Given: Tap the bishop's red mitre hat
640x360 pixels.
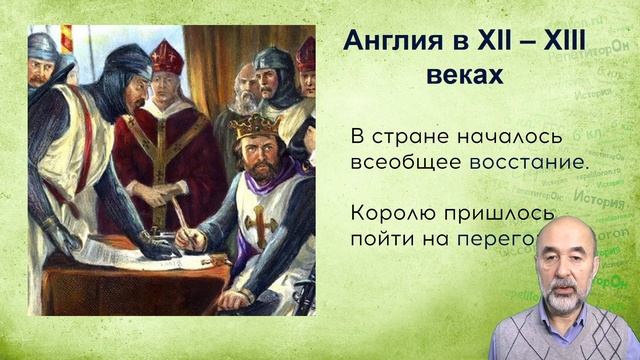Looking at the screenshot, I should [x=166, y=58].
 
